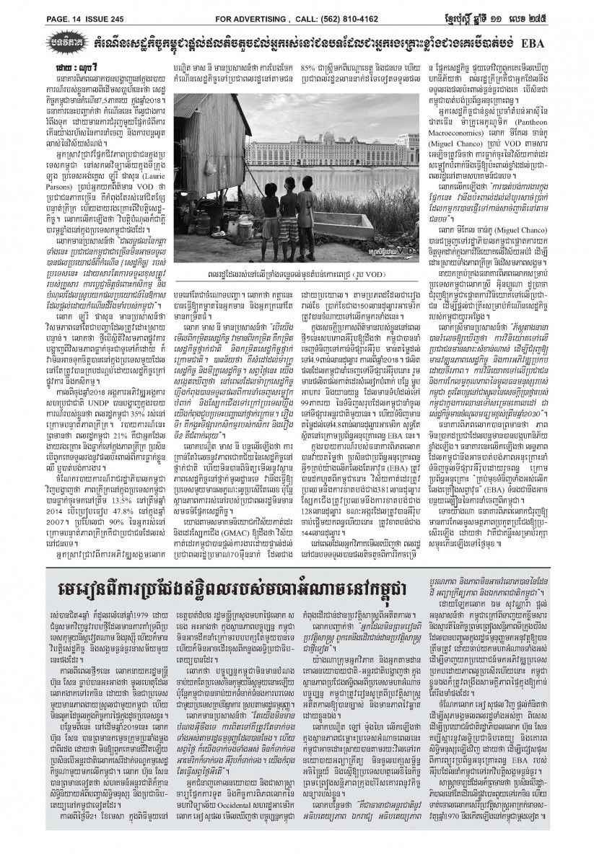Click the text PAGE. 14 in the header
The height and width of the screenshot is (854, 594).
point(25,9)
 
